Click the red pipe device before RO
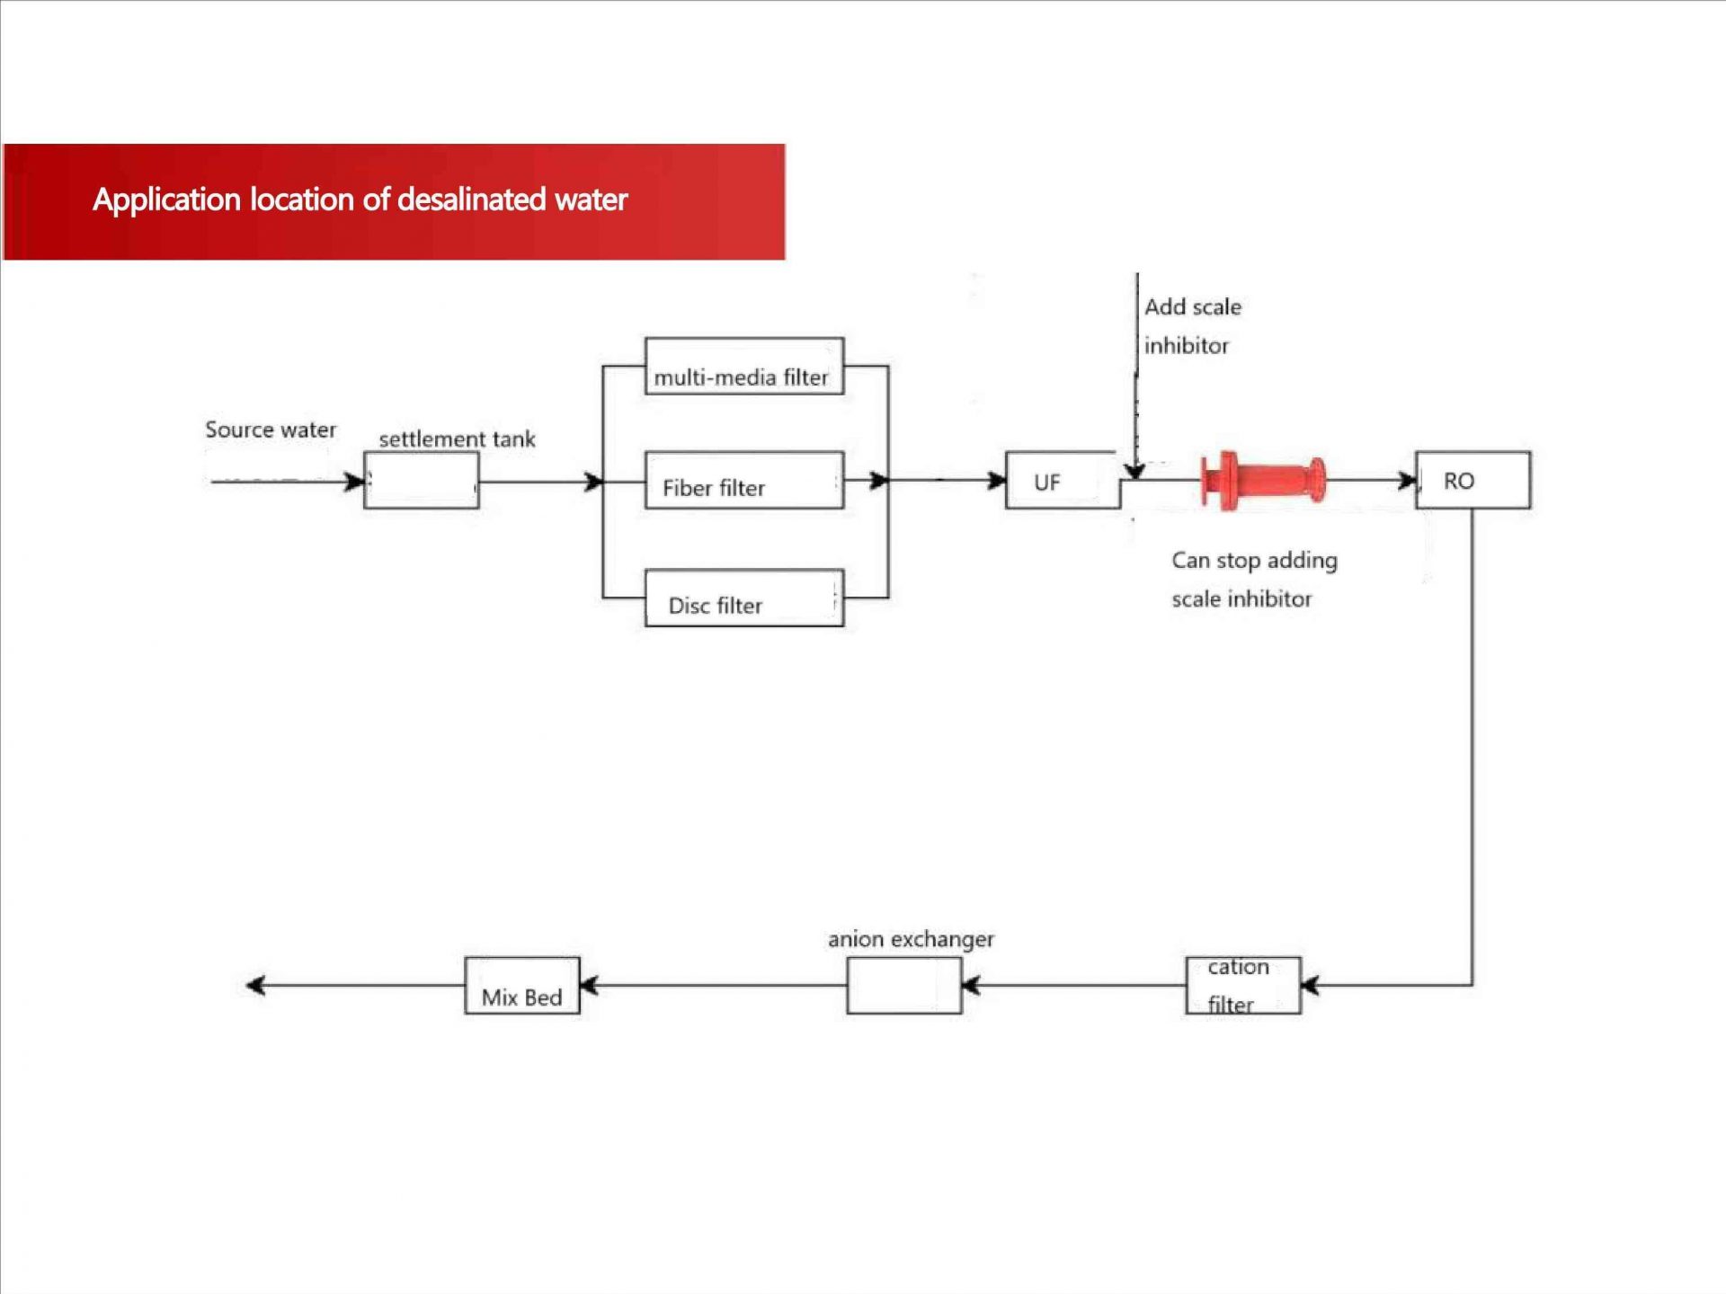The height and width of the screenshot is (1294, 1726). pos(1263,481)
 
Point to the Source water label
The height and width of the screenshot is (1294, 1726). pos(271,430)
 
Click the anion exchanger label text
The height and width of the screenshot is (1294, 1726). pos(911,939)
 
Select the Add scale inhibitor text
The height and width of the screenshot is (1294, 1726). pos(1192,326)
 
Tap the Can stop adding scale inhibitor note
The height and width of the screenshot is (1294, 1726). pos(1254,580)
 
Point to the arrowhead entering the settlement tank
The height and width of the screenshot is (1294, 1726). pos(355,482)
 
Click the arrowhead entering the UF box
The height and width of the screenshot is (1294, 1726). pos(996,481)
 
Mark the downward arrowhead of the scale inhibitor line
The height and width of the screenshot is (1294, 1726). pos(1135,471)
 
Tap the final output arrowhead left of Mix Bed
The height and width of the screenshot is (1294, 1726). pos(256,986)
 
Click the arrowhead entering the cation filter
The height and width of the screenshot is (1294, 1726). pos(1311,986)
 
